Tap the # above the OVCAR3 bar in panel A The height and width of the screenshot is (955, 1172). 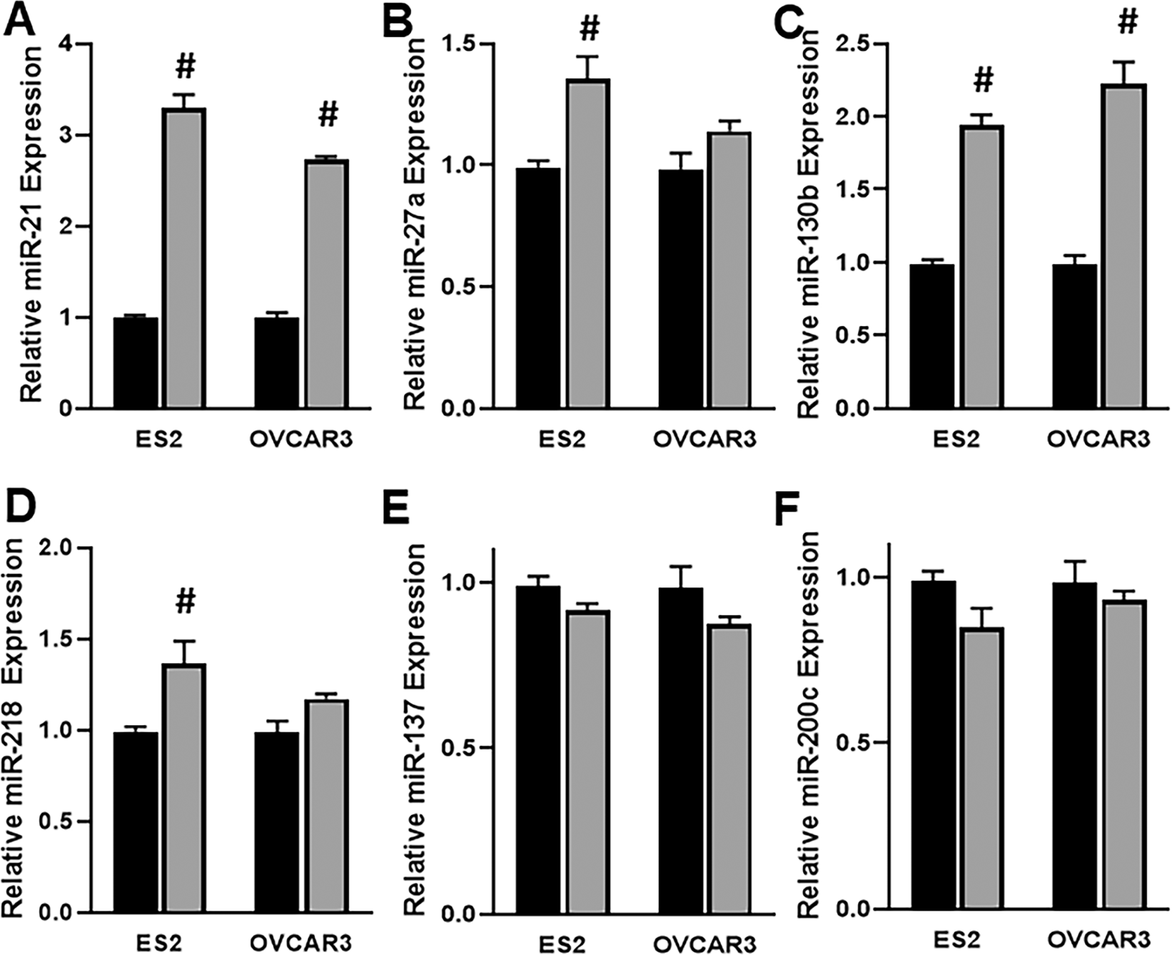328,115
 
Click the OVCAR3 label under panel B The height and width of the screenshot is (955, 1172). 704,438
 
